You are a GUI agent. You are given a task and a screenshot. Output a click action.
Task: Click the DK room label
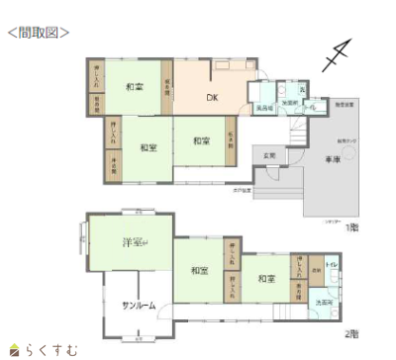tap(211, 97)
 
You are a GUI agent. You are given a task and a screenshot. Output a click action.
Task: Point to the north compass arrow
tap(339, 56)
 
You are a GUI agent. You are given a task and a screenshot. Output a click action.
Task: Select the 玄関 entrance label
tap(269, 155)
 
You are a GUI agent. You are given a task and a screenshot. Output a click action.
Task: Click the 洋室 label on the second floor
tap(133, 242)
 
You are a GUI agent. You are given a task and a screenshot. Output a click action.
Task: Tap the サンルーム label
tap(139, 305)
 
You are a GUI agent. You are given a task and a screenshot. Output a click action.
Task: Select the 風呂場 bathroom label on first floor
tap(265, 106)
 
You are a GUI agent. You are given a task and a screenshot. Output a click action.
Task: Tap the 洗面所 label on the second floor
tap(323, 302)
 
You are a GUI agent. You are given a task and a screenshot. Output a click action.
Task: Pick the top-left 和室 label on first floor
tap(135, 88)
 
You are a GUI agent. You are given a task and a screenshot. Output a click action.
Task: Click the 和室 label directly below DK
tap(201, 140)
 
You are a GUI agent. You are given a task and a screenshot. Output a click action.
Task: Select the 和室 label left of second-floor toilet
tap(264, 279)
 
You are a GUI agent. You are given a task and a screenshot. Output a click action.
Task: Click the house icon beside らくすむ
tap(13, 349)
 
